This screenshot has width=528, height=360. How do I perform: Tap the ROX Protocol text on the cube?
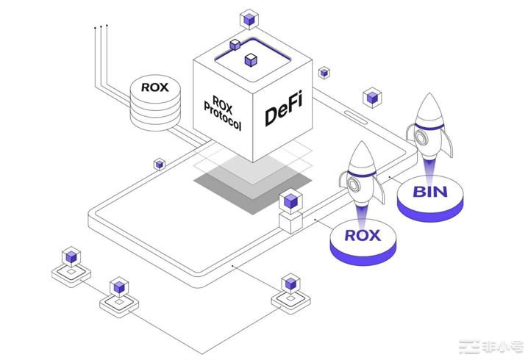click(221, 112)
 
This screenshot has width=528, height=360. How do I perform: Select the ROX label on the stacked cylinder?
click(155, 87)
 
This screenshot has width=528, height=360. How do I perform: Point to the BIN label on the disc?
click(430, 193)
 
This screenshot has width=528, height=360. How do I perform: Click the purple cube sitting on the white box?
click(290, 200)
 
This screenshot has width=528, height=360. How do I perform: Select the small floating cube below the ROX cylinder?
click(159, 164)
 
